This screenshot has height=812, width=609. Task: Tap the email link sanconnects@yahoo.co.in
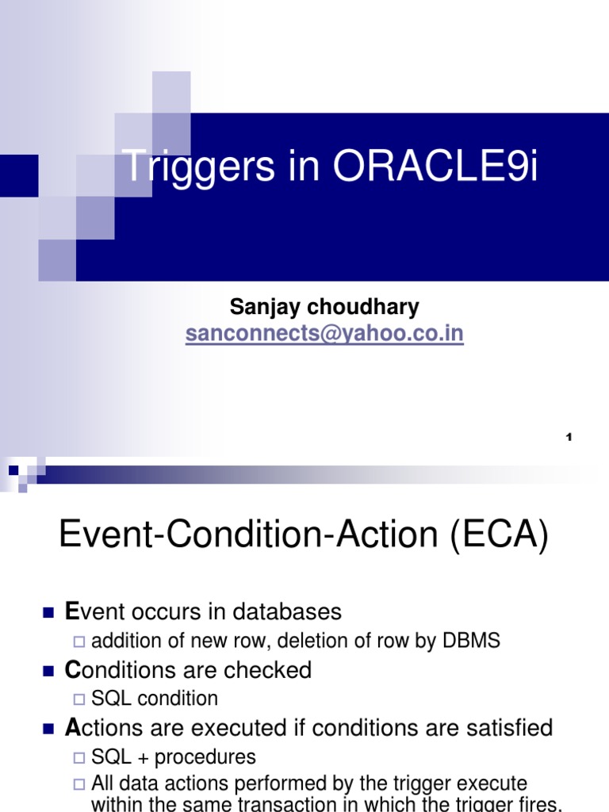324,335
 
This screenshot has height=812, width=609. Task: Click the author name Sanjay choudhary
324,307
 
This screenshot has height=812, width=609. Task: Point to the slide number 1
569,438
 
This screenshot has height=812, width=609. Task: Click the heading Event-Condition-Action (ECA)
304,537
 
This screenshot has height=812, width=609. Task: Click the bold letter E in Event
72,612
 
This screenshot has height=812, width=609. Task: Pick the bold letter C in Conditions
73,671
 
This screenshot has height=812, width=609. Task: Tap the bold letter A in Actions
73,728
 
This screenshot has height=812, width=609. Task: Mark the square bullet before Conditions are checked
48,672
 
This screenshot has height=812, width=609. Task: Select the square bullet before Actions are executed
48,729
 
